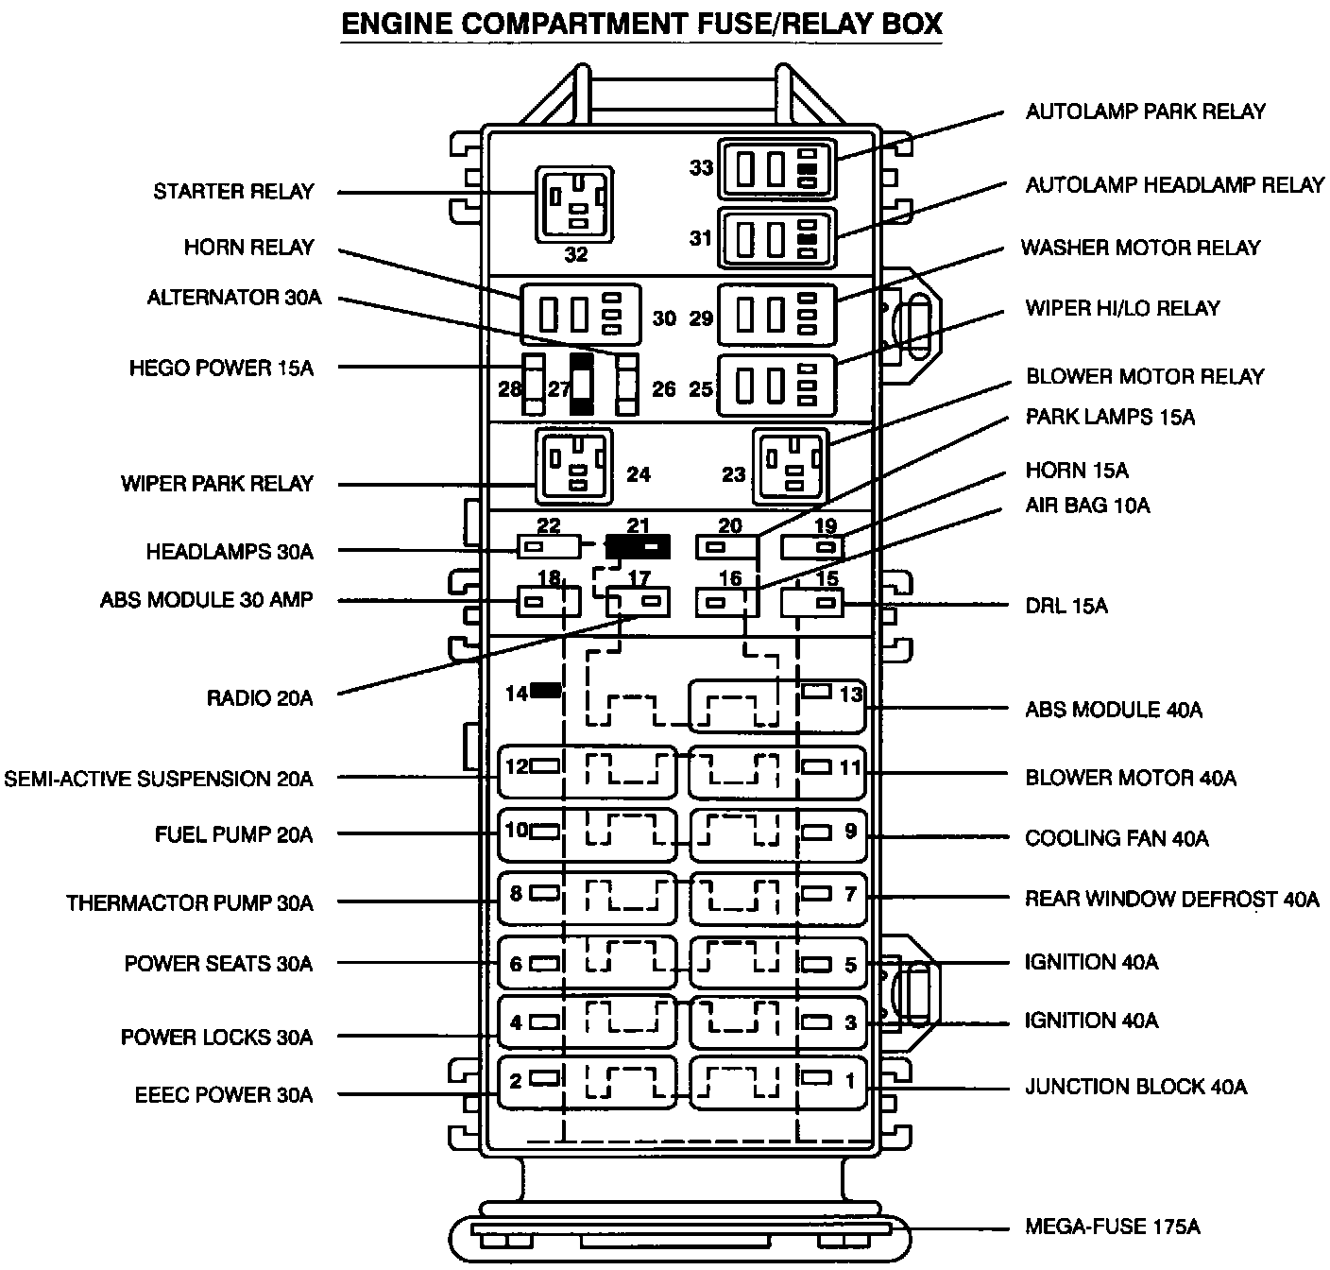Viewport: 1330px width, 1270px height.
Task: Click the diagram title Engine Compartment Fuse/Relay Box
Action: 641,25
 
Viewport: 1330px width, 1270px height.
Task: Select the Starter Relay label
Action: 233,192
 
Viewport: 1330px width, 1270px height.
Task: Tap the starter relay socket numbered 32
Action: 574,203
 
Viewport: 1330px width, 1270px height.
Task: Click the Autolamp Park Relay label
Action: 1145,112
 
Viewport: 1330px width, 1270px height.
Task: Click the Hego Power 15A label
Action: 221,368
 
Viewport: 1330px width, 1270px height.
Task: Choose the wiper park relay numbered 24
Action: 573,467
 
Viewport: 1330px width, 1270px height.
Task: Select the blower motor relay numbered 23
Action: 791,468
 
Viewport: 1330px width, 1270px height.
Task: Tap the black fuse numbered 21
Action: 638,546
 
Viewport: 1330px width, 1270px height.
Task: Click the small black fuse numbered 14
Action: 545,691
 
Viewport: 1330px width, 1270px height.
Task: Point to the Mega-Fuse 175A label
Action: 1113,1227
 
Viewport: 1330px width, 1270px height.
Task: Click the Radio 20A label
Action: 259,698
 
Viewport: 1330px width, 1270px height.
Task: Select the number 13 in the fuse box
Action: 851,695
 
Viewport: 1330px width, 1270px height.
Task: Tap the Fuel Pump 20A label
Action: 233,835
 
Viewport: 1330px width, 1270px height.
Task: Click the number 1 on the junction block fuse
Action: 850,1079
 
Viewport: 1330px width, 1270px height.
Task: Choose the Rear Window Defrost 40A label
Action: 1171,899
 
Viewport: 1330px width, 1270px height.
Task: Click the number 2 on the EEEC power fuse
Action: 516,1079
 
